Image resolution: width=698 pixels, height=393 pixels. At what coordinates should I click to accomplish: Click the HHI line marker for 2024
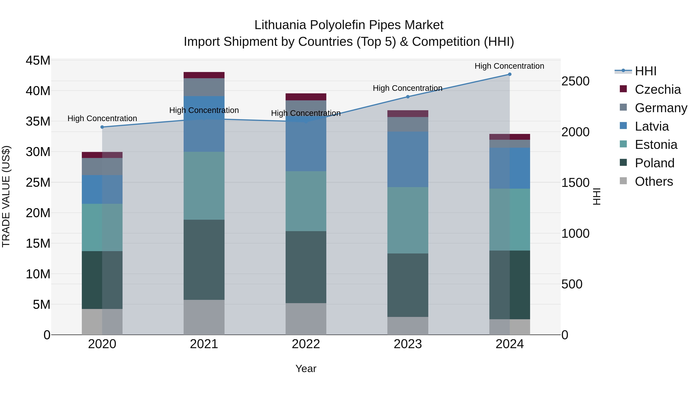pyautogui.click(x=509, y=74)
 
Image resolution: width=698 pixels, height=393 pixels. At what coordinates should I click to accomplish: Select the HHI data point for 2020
pyautogui.click(x=102, y=127)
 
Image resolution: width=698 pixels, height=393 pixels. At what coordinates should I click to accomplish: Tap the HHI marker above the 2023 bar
pyautogui.click(x=408, y=97)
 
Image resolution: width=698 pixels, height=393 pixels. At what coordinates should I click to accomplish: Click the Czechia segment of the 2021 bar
pyautogui.click(x=204, y=75)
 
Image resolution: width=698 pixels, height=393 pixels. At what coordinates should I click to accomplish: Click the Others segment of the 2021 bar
pyautogui.click(x=204, y=317)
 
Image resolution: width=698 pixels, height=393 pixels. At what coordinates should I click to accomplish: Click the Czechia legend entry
pyautogui.click(x=658, y=89)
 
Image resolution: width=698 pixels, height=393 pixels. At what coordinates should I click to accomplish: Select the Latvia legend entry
pyautogui.click(x=652, y=126)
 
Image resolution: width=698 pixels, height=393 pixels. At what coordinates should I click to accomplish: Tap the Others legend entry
pyautogui.click(x=654, y=181)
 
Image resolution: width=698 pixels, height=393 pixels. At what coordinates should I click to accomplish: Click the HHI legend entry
pyautogui.click(x=645, y=71)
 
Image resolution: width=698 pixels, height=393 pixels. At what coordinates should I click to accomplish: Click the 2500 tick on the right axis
pyautogui.click(x=575, y=81)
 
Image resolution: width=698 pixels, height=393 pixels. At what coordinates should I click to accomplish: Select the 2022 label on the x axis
pyautogui.click(x=306, y=344)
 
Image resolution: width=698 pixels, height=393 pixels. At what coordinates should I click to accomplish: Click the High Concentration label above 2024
pyautogui.click(x=509, y=66)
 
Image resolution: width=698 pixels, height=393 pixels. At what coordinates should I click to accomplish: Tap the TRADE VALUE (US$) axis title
pyautogui.click(x=6, y=196)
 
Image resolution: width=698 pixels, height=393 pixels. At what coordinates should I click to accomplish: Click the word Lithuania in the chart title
pyautogui.click(x=280, y=25)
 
